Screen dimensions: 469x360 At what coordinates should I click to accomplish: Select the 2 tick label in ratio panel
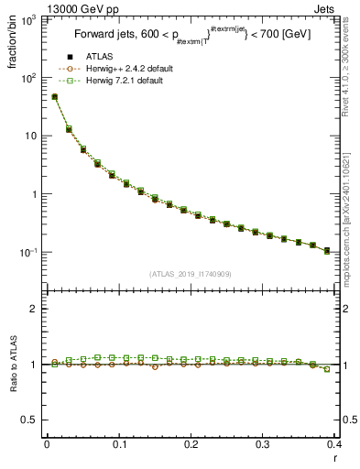click(x=34, y=310)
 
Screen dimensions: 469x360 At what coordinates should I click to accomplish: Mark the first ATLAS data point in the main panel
click(x=55, y=96)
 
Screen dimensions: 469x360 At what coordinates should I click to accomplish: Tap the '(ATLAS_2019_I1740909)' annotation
click(x=191, y=274)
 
